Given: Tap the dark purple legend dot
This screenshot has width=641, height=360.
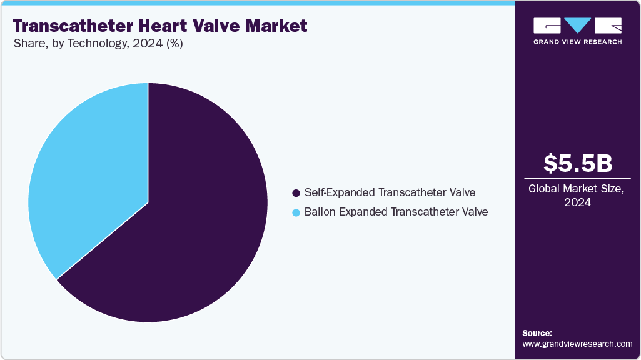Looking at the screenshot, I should tap(296, 192).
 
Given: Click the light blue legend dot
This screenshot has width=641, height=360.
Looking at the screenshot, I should tap(296, 212).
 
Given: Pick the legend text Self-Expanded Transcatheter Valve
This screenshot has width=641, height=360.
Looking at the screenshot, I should tap(390, 192).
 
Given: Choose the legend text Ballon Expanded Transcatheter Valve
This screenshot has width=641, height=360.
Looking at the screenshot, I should tap(396, 212).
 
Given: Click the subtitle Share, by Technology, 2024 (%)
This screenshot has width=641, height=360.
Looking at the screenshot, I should tap(98, 44).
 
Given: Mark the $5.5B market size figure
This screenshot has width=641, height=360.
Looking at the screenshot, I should tap(577, 164).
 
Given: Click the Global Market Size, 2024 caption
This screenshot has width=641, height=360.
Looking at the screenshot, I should tap(577, 196).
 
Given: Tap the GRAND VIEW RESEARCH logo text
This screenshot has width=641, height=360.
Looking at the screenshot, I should tap(577, 42).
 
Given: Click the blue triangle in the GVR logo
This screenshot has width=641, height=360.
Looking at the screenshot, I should tap(578, 26).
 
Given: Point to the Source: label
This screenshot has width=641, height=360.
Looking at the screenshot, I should tap(537, 333).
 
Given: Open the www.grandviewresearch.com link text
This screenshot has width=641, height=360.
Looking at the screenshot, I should tap(577, 344).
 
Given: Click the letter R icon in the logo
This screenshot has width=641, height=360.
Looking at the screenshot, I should tap(608, 26).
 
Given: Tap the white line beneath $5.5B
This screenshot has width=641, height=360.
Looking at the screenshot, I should tap(577, 178).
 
